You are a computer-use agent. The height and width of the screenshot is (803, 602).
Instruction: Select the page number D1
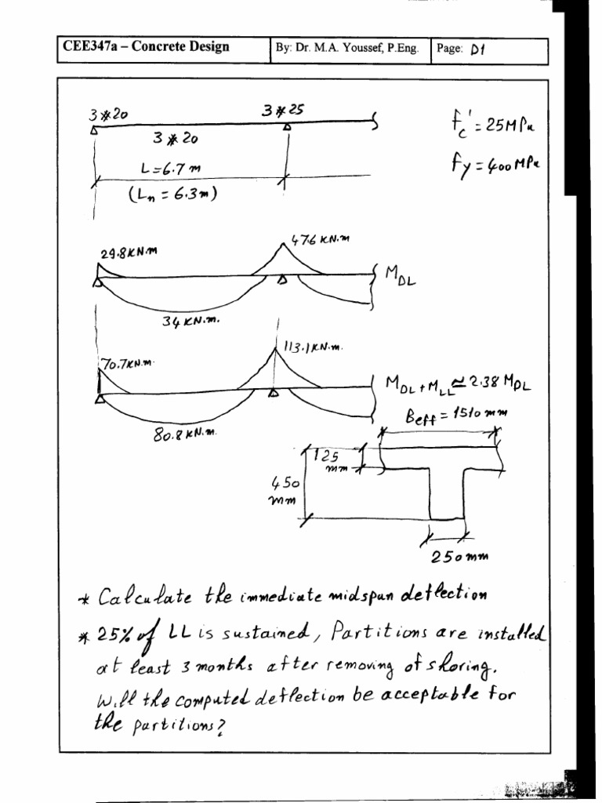tap(478, 49)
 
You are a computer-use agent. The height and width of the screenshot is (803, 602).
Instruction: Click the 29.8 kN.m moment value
tap(129, 253)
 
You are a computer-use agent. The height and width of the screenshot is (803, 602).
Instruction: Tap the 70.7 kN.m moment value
tap(129, 364)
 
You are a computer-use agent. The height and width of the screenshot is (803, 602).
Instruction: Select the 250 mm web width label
tap(459, 558)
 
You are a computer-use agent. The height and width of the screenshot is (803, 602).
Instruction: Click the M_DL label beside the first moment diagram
tap(401, 275)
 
